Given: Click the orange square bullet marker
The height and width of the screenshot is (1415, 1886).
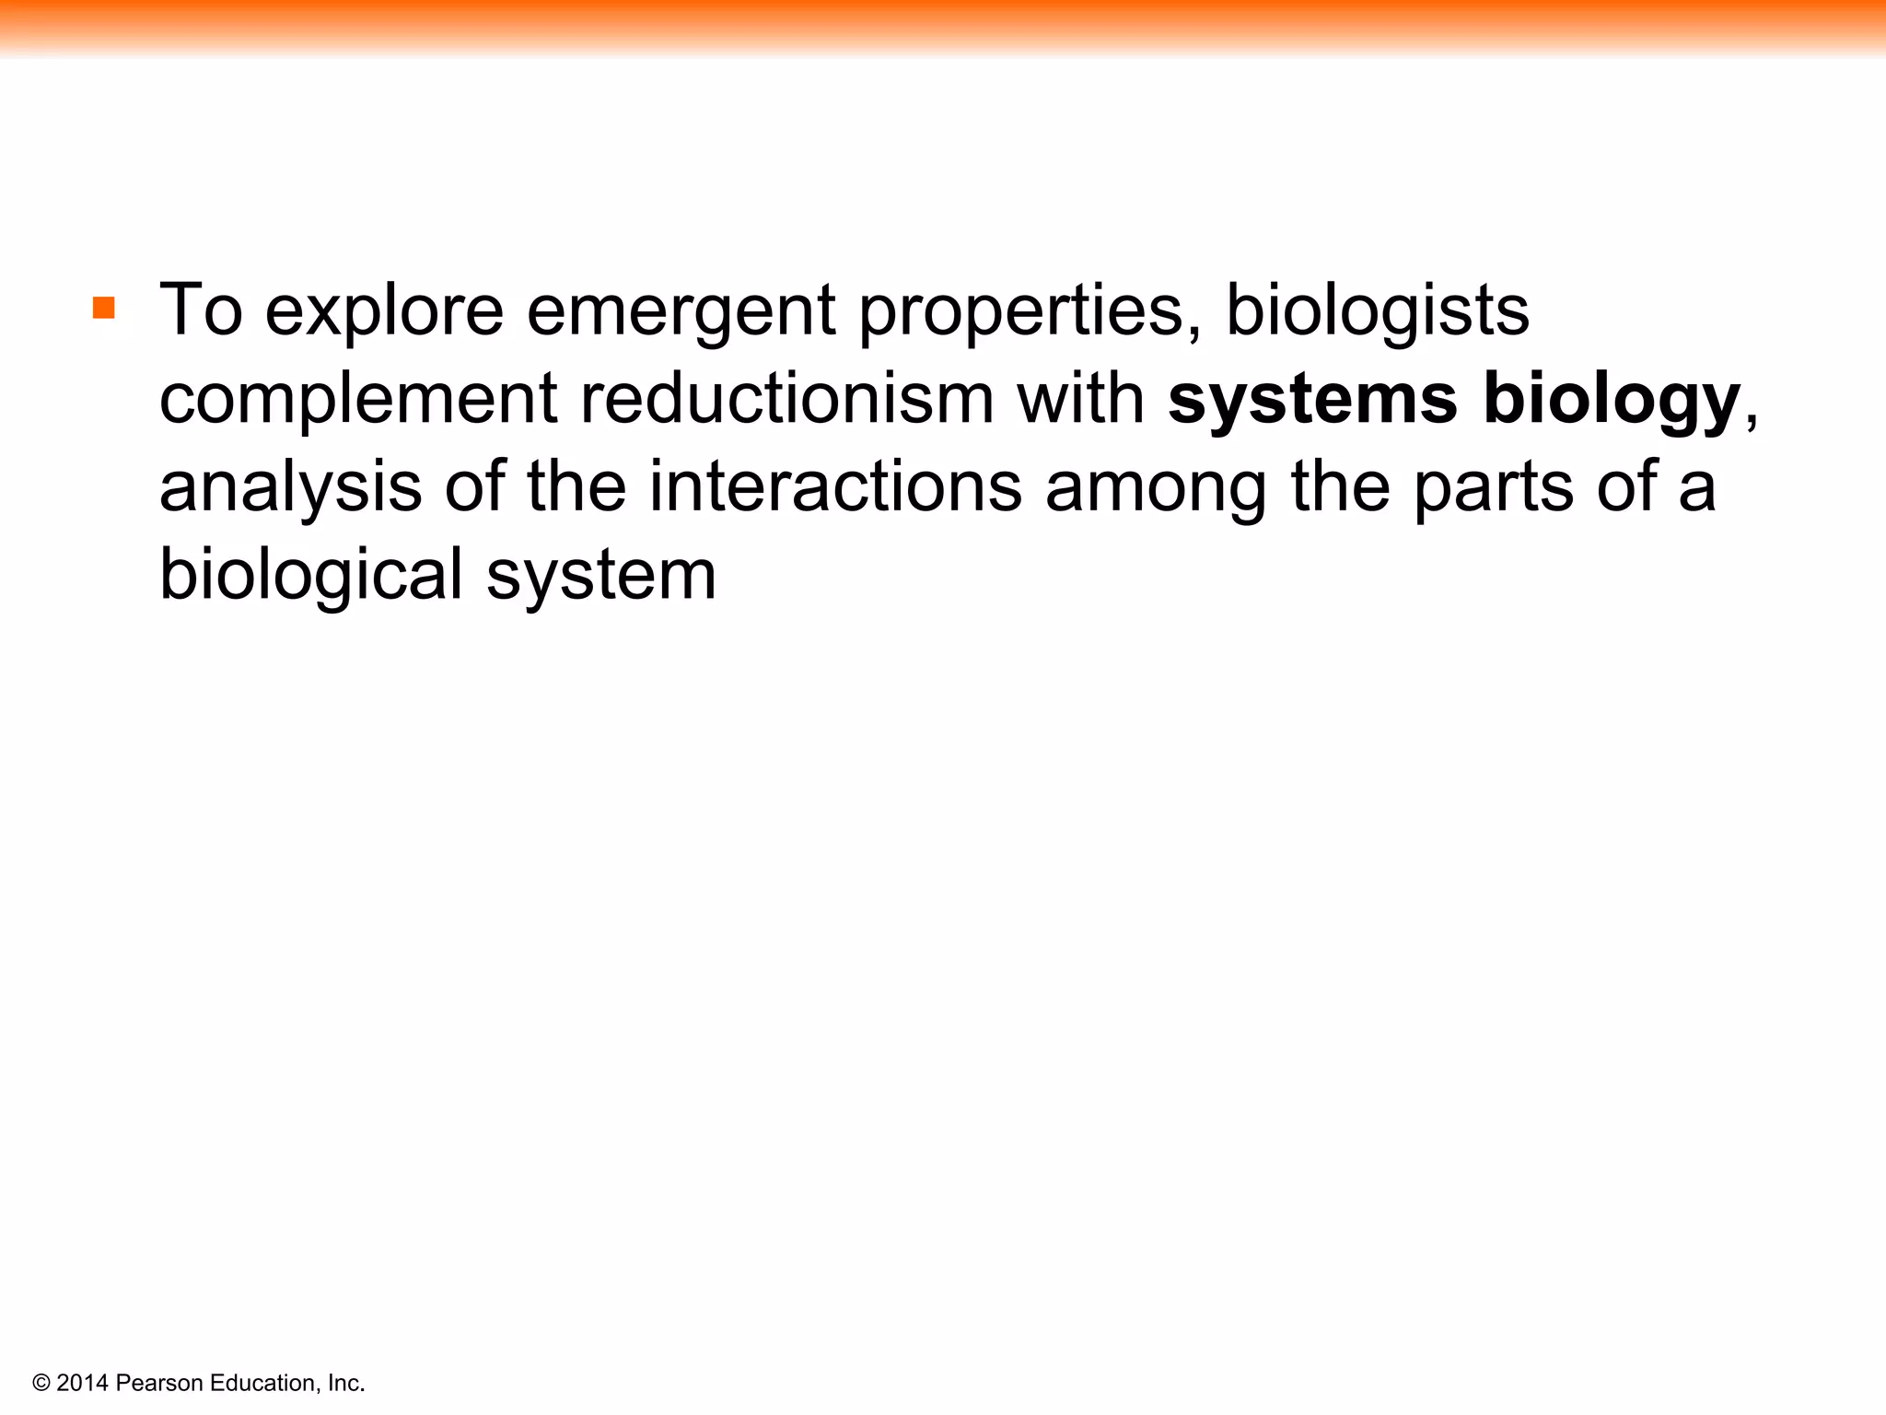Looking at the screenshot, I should point(104,308).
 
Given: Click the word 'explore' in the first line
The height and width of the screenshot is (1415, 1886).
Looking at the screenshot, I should point(384,311).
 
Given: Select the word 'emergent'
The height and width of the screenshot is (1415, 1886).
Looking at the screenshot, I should point(681,311).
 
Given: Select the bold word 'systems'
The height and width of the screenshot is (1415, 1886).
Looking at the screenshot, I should point(1312,400).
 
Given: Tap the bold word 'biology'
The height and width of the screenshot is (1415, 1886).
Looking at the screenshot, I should point(1611,400).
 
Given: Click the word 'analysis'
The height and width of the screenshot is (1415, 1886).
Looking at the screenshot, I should point(291,487).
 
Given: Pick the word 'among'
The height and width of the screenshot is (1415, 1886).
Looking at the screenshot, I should point(1157,488).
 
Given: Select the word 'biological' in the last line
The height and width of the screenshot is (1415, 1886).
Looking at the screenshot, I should point(311,575).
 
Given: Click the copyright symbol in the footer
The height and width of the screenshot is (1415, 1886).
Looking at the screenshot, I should point(41,1383).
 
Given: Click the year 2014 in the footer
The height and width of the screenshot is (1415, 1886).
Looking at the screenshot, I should point(82,1383).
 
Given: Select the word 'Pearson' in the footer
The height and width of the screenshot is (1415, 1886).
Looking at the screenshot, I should point(158,1383).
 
